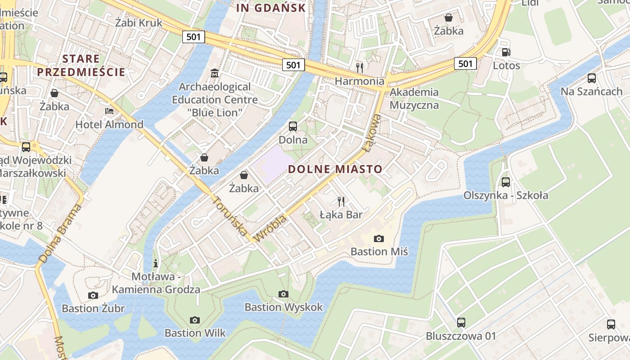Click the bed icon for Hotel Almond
click(x=109, y=111)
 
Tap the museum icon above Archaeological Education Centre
click(x=215, y=73)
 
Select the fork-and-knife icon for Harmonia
click(x=359, y=67)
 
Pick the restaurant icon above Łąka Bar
click(x=341, y=201)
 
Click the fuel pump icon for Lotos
click(x=506, y=52)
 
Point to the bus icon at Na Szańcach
click(x=591, y=78)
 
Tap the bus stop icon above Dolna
click(x=293, y=126)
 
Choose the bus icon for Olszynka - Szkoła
click(x=506, y=182)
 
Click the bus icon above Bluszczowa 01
click(x=461, y=322)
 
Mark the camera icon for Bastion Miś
click(x=379, y=238)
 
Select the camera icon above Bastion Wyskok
click(x=283, y=294)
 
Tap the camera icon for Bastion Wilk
click(x=194, y=320)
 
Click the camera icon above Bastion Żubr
click(x=93, y=295)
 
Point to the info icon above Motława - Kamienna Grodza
click(x=156, y=263)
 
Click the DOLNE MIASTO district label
click(x=335, y=169)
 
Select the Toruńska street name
click(x=229, y=216)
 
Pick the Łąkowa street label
click(x=372, y=133)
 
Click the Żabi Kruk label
click(x=139, y=22)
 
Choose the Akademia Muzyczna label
click(x=414, y=99)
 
